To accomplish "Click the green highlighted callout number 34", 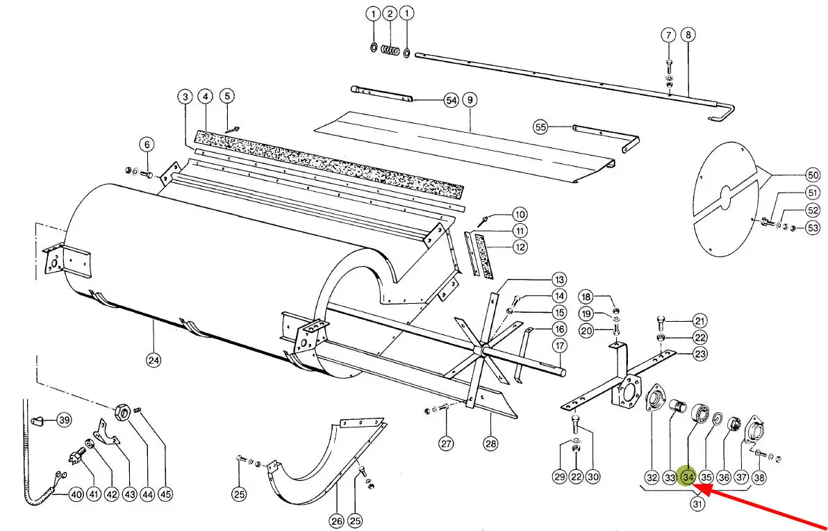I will pos(688,477).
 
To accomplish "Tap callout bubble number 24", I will pos(153,360).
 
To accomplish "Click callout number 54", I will pos(452,101).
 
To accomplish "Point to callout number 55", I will pos(540,126).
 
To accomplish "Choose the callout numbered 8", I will pos(688,35).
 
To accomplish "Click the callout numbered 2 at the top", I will pos(390,14).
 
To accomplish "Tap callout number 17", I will pos(560,346).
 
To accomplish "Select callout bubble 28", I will pos(491,443).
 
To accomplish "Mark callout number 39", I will pos(64,420).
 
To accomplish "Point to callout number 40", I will pos(75,495).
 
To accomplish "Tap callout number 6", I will pos(147,145).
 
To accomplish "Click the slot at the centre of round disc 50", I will pos(725,196).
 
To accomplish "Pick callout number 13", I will pos(560,279).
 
